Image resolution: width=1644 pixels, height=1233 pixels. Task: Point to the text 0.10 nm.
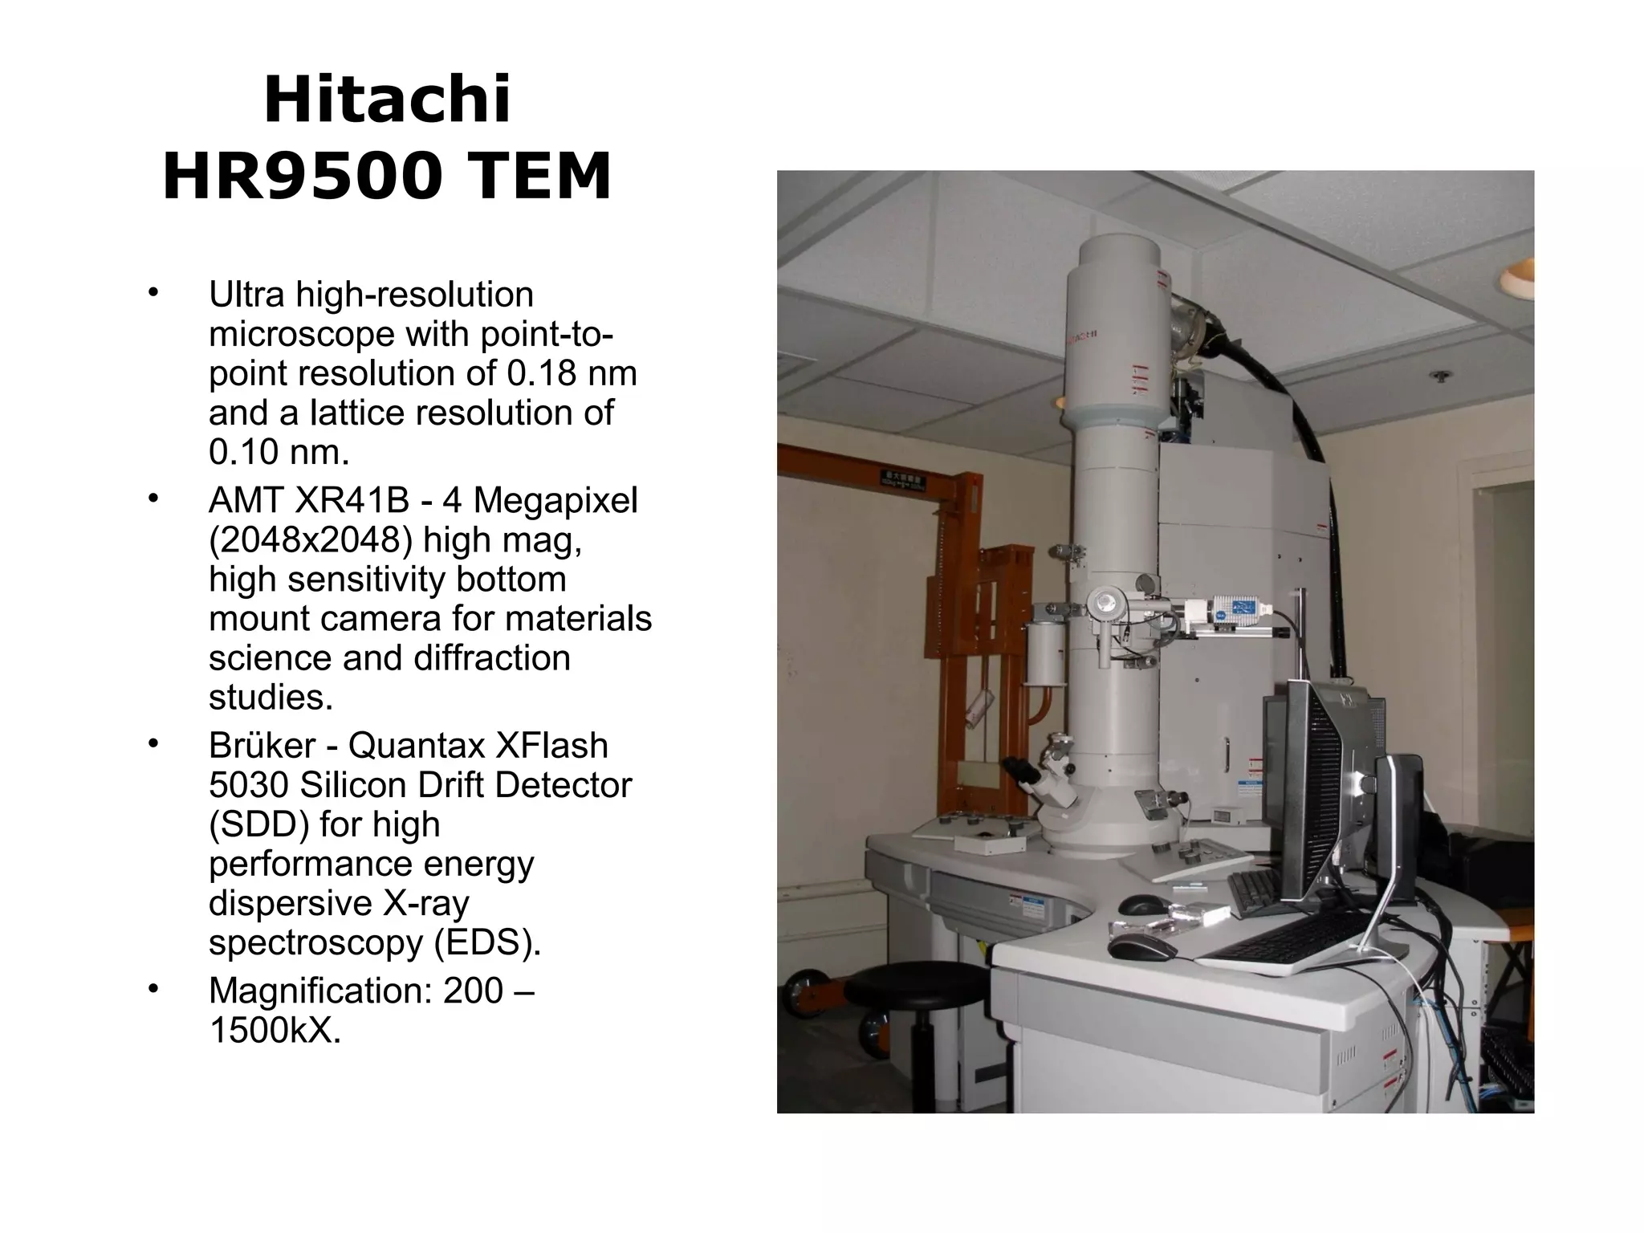click(x=279, y=452)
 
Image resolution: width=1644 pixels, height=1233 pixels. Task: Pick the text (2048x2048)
click(x=310, y=539)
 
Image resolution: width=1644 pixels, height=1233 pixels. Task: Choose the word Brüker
click(x=262, y=746)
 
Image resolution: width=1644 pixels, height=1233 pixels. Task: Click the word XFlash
click(x=551, y=746)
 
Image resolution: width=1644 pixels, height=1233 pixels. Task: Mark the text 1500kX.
click(x=275, y=1030)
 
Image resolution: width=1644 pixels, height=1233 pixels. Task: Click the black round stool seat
click(x=915, y=985)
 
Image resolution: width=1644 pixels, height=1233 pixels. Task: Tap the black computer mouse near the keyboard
click(x=1141, y=949)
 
